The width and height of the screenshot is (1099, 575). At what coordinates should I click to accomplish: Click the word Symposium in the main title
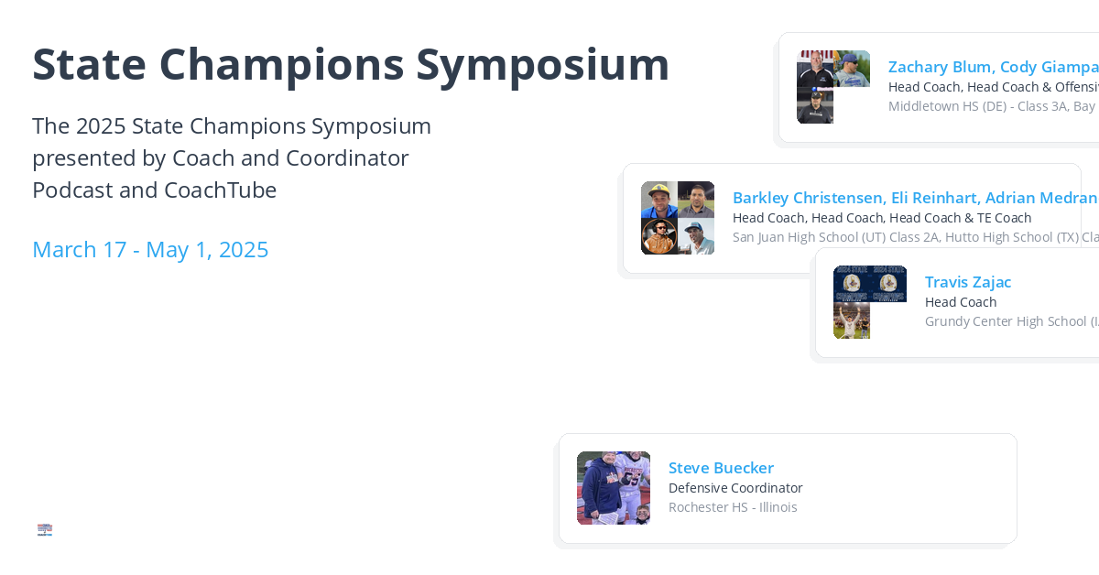click(x=542, y=66)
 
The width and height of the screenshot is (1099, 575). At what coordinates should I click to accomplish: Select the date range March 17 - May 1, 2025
click(x=150, y=249)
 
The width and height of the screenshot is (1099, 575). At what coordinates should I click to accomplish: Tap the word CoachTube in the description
click(x=220, y=190)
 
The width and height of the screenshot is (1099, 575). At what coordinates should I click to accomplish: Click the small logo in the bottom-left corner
click(x=45, y=529)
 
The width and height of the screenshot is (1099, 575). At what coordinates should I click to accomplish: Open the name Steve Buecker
click(x=721, y=468)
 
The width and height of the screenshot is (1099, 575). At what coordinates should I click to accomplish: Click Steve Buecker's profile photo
click(x=614, y=488)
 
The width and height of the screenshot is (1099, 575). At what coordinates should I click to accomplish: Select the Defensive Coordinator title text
click(x=735, y=488)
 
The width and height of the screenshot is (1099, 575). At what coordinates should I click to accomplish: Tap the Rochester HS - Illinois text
click(x=733, y=507)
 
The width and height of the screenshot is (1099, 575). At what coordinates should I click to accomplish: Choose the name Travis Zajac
click(x=968, y=282)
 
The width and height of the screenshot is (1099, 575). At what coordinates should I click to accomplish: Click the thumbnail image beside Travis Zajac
click(x=869, y=302)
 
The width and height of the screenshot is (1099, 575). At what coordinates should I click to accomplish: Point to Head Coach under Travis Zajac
click(x=961, y=302)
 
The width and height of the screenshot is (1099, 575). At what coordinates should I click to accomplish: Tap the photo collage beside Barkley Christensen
click(x=678, y=218)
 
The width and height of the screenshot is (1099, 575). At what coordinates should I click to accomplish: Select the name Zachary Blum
click(x=940, y=67)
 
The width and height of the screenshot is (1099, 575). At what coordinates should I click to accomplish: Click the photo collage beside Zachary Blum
click(x=833, y=87)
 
